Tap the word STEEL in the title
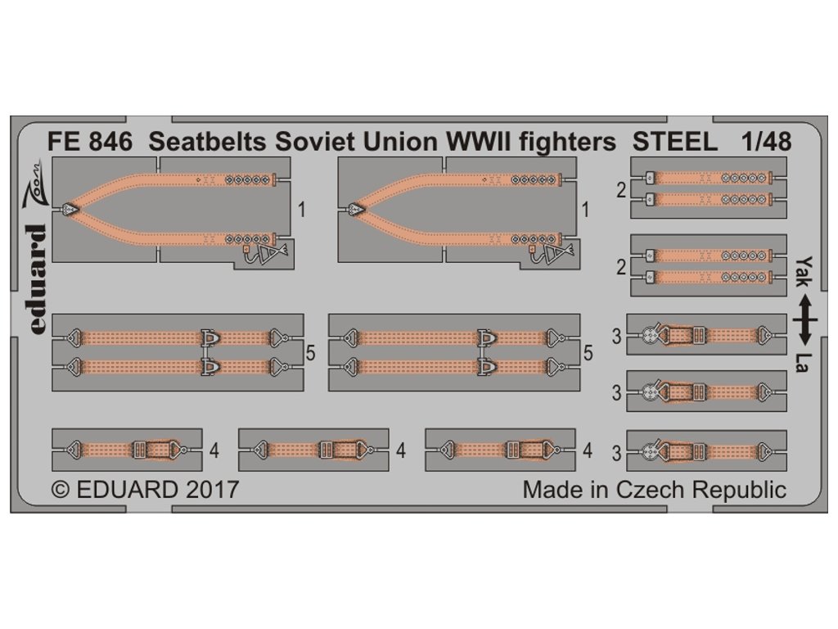click(x=675, y=143)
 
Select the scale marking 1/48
click(x=763, y=143)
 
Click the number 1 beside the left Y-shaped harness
click(x=302, y=210)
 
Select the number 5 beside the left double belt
click(x=310, y=353)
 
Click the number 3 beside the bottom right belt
click(x=616, y=453)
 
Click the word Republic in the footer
click(x=739, y=490)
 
